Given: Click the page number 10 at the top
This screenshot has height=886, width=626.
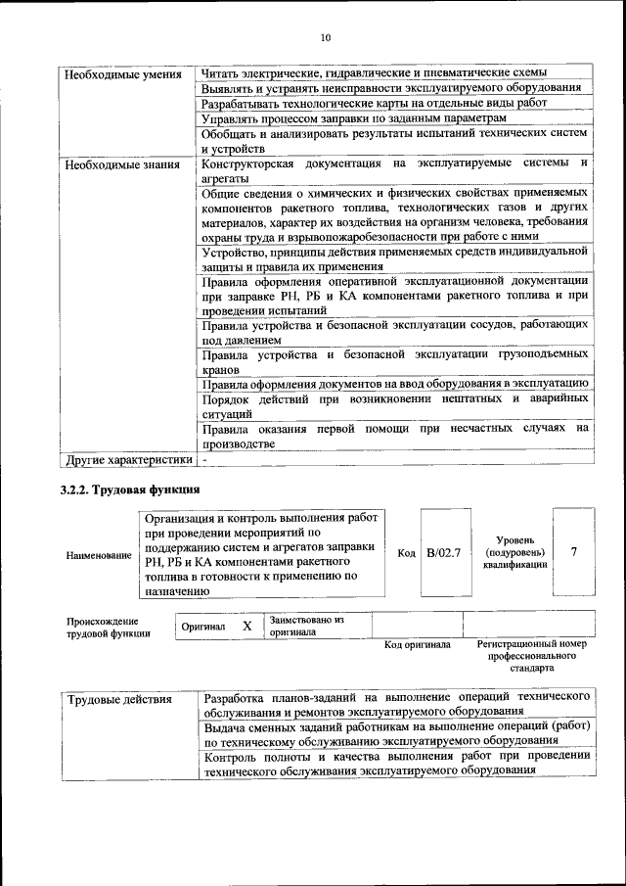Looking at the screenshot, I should click(326, 38).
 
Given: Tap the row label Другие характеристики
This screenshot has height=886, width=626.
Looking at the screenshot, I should click(128, 459).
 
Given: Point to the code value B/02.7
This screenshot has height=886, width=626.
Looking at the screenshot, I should click(444, 553).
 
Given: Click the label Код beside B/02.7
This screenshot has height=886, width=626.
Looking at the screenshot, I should click(408, 553).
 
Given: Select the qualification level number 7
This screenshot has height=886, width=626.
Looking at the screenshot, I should click(574, 552).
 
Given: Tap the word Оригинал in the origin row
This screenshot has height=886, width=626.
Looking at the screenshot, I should click(203, 627).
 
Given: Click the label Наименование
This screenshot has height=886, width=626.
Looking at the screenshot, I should click(99, 555).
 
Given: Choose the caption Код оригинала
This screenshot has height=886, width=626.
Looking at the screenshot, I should click(417, 645).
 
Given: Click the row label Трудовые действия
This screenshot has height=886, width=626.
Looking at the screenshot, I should click(119, 699).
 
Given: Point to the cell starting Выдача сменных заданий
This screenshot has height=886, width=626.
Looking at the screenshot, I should click(396, 733).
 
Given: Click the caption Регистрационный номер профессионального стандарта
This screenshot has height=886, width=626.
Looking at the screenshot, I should click(532, 656).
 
